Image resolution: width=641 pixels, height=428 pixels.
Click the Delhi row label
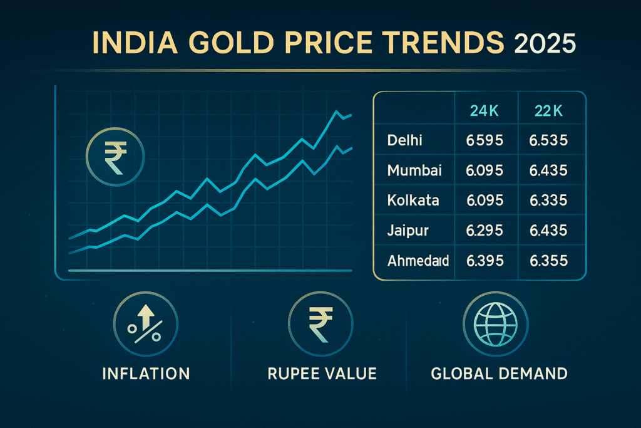tap(405, 140)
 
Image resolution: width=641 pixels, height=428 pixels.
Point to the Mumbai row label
tap(414, 170)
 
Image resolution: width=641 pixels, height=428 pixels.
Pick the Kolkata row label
tap(413, 201)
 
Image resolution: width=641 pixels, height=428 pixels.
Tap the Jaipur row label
tap(409, 231)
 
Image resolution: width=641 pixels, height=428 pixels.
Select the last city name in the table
tap(418, 260)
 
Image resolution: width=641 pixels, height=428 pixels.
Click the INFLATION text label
tap(146, 374)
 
